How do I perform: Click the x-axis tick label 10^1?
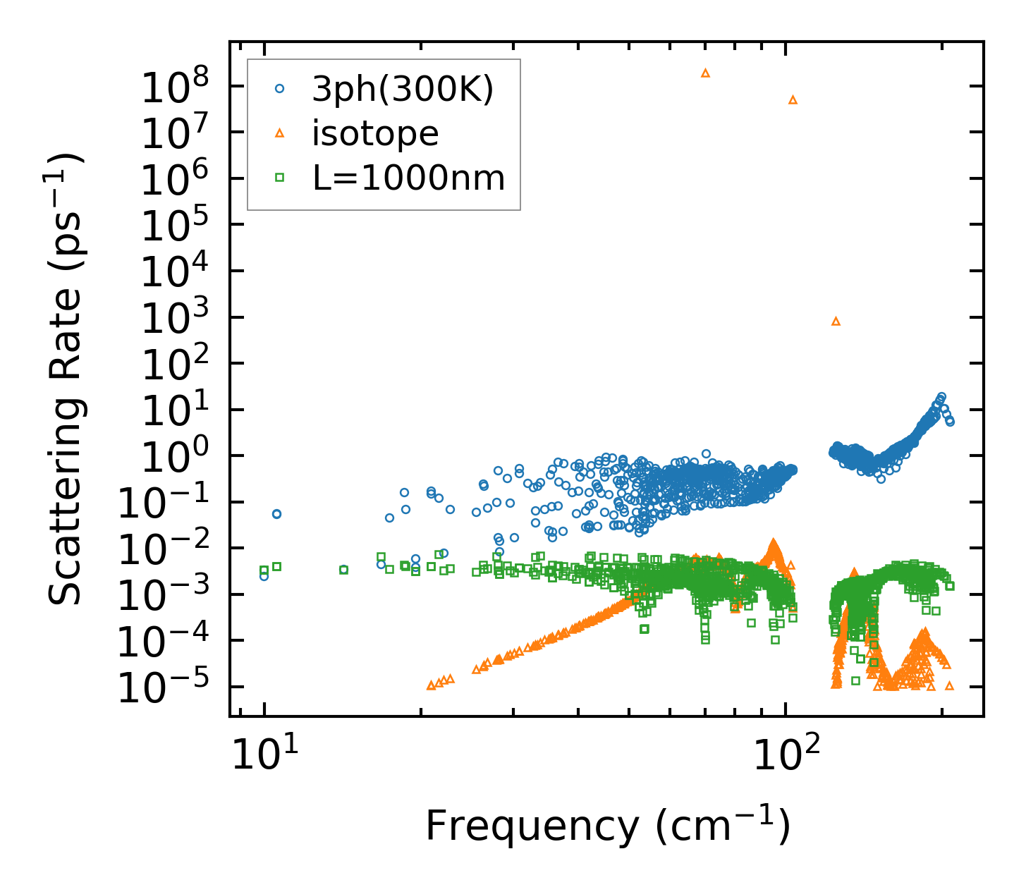[264, 756]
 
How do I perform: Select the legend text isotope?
[375, 133]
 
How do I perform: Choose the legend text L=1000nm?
[409, 178]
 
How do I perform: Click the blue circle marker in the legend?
[280, 89]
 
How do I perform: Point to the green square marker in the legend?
[280, 178]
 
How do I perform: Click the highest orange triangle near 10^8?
[705, 73]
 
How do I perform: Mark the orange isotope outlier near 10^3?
[836, 321]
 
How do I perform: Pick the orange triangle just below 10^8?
[793, 99]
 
